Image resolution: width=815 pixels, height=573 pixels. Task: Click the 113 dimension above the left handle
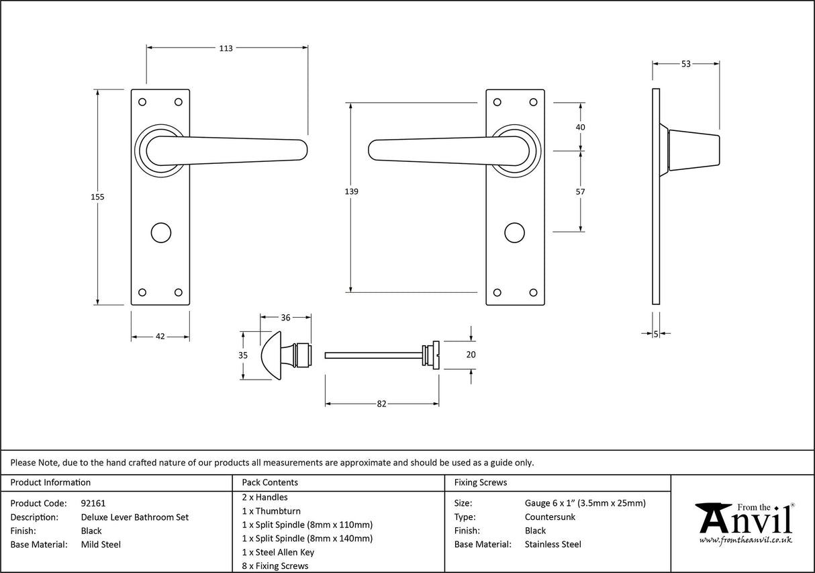(225, 48)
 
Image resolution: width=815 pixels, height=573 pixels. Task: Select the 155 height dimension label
(98, 197)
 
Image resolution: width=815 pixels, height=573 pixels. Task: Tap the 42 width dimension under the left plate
(160, 337)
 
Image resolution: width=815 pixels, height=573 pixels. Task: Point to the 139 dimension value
(350, 191)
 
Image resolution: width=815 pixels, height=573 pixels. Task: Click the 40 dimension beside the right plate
(581, 127)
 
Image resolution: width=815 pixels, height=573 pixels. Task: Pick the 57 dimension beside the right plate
(581, 191)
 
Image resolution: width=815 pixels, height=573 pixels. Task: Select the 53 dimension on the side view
(685, 64)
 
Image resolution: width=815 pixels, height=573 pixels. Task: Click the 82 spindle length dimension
(381, 404)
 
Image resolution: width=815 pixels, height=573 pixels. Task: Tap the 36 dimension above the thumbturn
(285, 318)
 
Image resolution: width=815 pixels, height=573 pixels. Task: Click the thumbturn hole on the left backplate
(160, 232)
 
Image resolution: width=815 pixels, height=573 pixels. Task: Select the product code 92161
(93, 502)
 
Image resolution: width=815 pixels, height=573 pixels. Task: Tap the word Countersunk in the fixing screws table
(550, 517)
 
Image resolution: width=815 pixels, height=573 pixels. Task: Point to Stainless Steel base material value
(553, 545)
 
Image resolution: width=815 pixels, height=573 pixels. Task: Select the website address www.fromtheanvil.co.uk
(745, 540)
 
